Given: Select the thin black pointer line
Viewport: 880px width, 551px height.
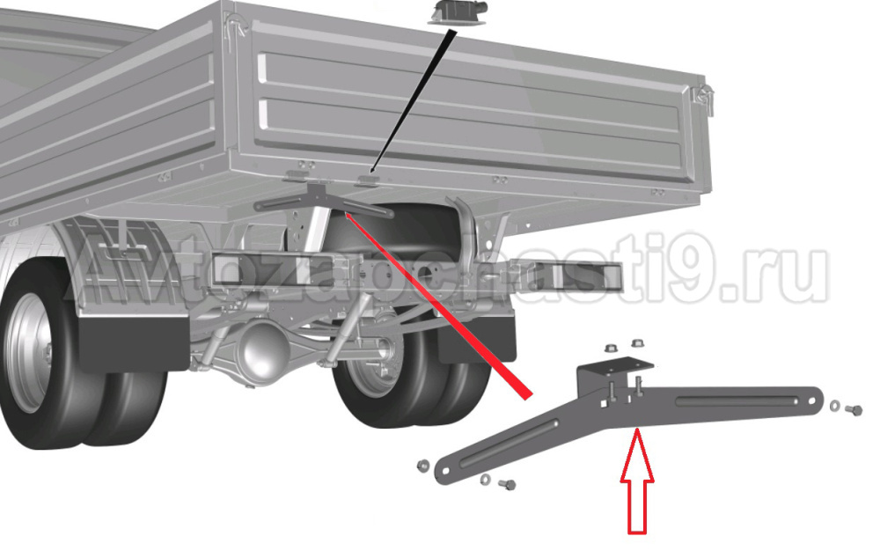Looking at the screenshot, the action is point(413,101).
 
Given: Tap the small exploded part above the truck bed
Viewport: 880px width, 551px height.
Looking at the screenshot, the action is point(458,13).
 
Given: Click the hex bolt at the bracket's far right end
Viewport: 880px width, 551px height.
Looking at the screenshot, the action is point(853,410).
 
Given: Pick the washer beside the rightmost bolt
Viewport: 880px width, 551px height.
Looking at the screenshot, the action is point(834,405).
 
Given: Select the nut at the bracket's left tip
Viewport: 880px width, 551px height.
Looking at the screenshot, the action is point(422,465).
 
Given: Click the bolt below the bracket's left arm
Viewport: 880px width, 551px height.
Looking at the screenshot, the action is point(508,484).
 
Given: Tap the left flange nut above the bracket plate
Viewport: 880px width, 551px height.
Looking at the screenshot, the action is point(612,348).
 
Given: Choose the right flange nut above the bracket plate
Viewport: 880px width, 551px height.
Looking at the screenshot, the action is point(637,342).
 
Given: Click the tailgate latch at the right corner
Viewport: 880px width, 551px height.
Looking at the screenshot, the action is point(704,99).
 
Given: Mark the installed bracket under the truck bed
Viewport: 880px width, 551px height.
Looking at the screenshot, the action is point(323,201).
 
